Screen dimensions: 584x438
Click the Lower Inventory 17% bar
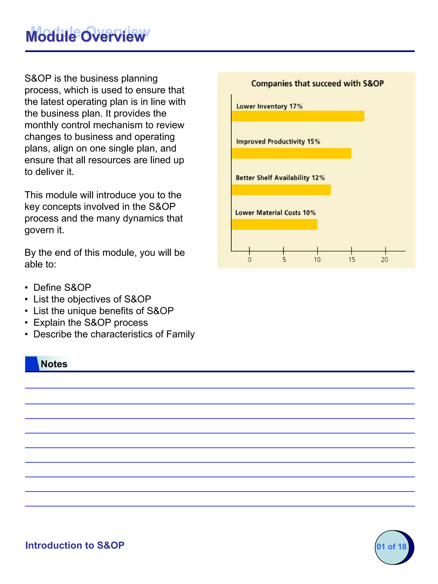[298, 116]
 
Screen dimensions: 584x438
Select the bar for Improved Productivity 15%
[292, 153]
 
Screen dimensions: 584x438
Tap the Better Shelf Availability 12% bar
[281, 190]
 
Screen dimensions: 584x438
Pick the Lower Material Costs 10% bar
[275, 224]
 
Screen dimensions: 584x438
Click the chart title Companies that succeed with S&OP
[317, 83]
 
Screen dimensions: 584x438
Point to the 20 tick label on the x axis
[384, 260]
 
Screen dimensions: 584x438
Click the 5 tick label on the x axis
[284, 260]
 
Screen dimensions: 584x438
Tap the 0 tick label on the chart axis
[250, 260]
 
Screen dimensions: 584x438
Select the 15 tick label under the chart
[351, 260]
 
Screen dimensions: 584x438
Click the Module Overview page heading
[85, 36]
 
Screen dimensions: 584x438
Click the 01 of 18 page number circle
[392, 547]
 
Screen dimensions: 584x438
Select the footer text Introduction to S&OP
[75, 545]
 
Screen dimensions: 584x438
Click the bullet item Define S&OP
[62, 287]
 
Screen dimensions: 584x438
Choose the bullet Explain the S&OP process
[90, 322]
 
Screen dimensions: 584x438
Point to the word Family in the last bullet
[180, 334]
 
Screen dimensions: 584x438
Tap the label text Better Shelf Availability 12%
[280, 178]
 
